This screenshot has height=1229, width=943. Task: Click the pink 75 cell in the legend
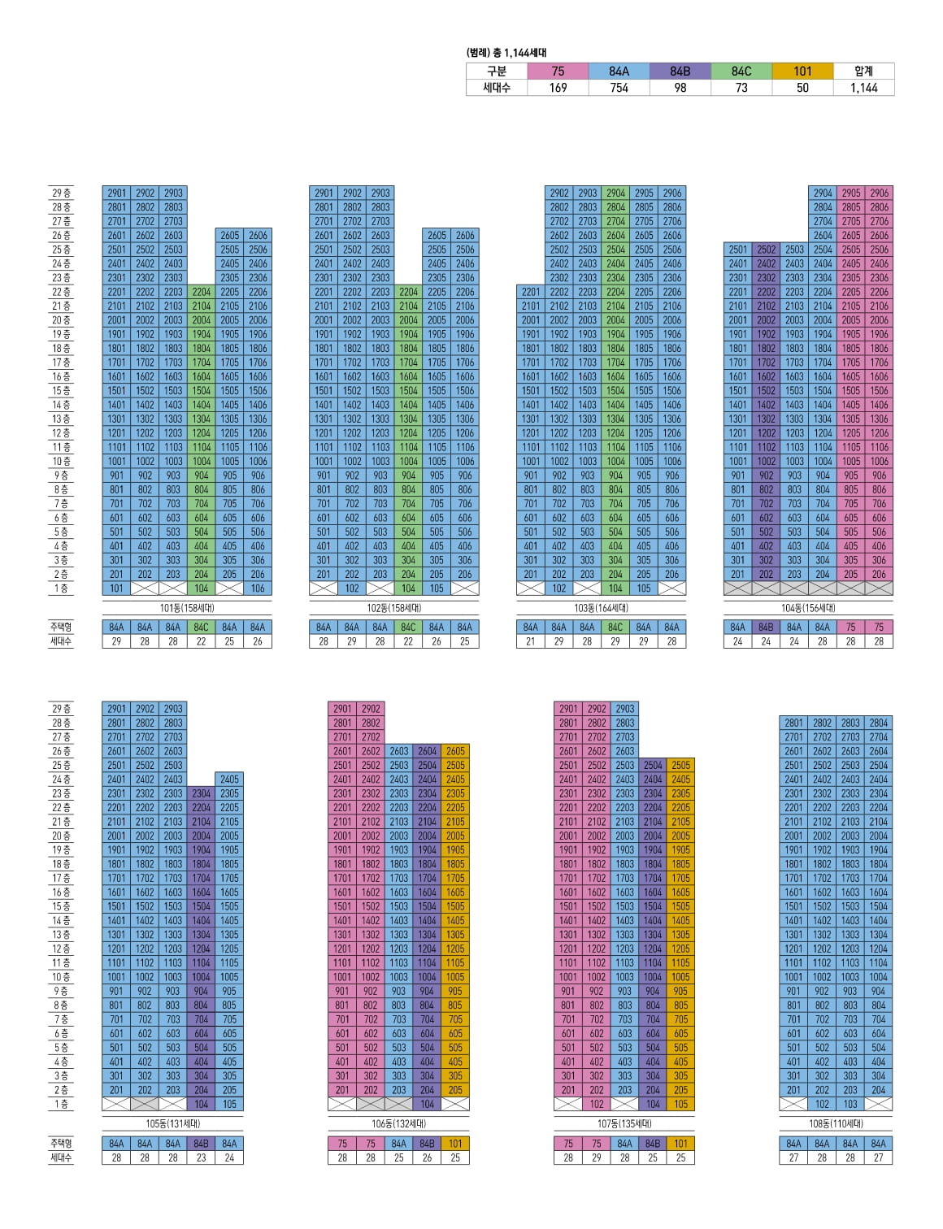click(x=558, y=71)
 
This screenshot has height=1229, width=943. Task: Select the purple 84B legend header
click(x=680, y=71)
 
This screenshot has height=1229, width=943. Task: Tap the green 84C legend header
click(x=741, y=71)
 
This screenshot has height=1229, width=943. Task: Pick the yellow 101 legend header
click(x=802, y=71)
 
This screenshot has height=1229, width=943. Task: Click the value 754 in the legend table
click(x=619, y=88)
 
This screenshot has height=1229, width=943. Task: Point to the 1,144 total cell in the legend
click(x=863, y=88)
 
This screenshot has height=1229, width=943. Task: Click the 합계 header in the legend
click(x=863, y=71)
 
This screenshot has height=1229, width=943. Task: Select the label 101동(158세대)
click(x=187, y=608)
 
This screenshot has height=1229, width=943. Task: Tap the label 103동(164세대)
click(x=601, y=608)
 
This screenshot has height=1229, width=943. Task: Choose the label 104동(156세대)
click(x=808, y=608)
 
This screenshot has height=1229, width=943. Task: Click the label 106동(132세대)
click(x=398, y=1124)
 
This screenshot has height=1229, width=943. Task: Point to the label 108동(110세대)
click(x=836, y=1124)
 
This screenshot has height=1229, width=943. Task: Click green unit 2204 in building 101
click(x=202, y=292)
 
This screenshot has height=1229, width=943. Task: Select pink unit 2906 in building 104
click(x=879, y=193)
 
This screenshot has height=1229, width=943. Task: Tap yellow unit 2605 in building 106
click(x=455, y=752)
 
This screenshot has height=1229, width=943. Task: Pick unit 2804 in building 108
click(x=878, y=723)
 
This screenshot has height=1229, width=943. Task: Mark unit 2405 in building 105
click(x=229, y=780)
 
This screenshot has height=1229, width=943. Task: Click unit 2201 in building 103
click(x=531, y=292)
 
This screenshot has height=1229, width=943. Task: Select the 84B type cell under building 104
click(x=766, y=628)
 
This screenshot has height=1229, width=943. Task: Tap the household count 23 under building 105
click(x=202, y=1157)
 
